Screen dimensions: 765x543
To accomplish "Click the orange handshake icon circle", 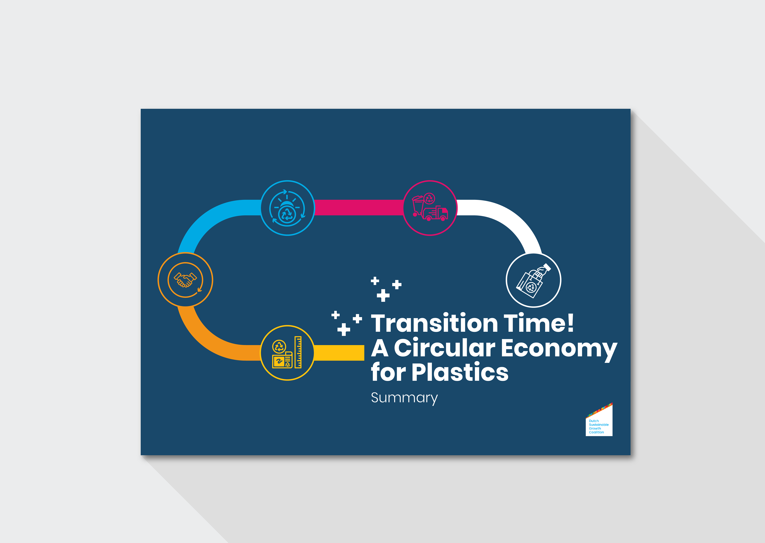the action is tap(185, 279).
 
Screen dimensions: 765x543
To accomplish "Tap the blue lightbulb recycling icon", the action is tap(287, 208).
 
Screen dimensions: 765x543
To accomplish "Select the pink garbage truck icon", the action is tap(430, 208).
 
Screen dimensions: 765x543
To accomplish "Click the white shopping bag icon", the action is tap(534, 280).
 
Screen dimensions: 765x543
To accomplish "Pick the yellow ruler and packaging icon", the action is tap(287, 353).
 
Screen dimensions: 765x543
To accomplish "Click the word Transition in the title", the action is tap(435, 323).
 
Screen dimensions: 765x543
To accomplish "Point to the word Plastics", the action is tap(460, 372).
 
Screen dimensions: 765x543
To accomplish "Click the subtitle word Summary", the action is tap(404, 398).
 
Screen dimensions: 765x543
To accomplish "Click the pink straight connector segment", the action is tap(359, 208).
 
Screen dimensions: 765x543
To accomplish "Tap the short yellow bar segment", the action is tap(339, 353).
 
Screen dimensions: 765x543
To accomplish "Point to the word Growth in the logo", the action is tap(595, 428).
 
